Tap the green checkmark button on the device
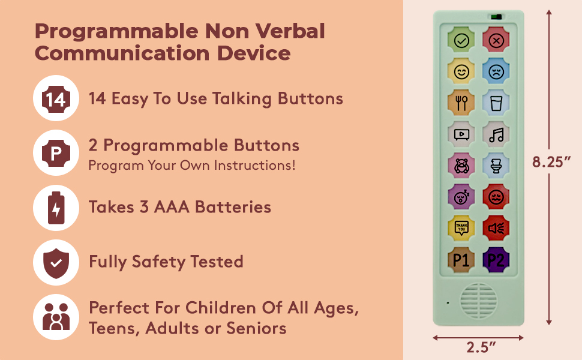(x=461, y=40)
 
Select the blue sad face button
(x=496, y=71)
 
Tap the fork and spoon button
(x=461, y=103)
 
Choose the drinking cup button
(x=496, y=103)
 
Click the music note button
(x=496, y=134)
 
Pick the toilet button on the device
(x=496, y=166)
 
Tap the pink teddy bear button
(x=461, y=166)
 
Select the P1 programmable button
(x=461, y=260)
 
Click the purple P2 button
(x=496, y=260)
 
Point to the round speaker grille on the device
(x=478, y=300)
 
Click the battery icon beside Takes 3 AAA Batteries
(x=56, y=208)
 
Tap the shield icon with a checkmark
(x=56, y=263)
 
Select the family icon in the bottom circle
(x=56, y=317)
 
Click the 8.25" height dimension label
(x=551, y=162)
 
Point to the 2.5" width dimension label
(x=481, y=347)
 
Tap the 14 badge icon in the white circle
(x=56, y=99)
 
